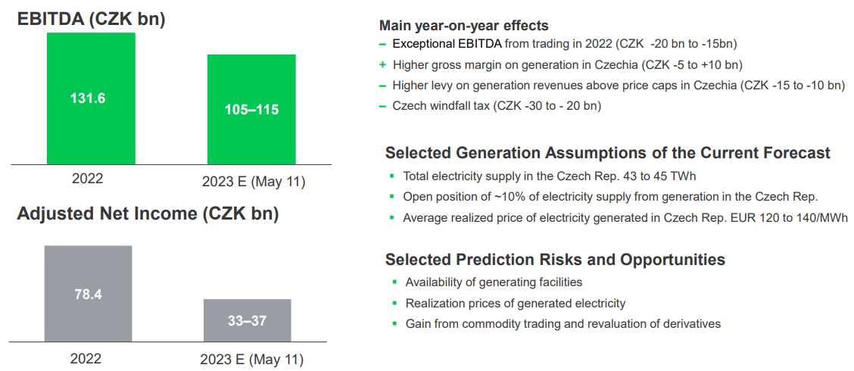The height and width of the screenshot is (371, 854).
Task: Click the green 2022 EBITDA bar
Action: coord(91,98)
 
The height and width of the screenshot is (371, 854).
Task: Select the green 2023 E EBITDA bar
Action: coord(251,109)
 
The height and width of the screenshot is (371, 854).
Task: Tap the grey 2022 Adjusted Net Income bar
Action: coord(89,294)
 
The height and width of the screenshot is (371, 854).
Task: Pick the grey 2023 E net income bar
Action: coord(248,320)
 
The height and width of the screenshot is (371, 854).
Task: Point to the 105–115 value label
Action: coord(251,110)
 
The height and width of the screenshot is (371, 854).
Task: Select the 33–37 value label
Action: coord(248,321)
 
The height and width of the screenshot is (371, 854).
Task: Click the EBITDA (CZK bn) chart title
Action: coord(92,19)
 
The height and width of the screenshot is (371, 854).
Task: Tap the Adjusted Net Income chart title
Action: coord(148,214)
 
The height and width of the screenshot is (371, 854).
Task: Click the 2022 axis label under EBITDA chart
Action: coord(87,179)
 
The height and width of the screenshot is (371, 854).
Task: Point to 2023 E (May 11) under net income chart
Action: coord(251,360)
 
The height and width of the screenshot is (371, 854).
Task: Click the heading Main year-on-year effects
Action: coord(463,26)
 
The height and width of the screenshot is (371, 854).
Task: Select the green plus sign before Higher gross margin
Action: coord(383,65)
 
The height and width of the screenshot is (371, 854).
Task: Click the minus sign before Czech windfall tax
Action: coord(383,106)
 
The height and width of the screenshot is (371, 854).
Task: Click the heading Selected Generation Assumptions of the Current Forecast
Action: coord(608,153)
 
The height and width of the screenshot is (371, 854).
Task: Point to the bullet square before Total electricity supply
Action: coord(391,176)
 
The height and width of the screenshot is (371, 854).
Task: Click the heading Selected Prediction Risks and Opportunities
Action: coord(555,260)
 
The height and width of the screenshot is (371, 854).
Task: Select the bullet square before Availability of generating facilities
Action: coord(394,282)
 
